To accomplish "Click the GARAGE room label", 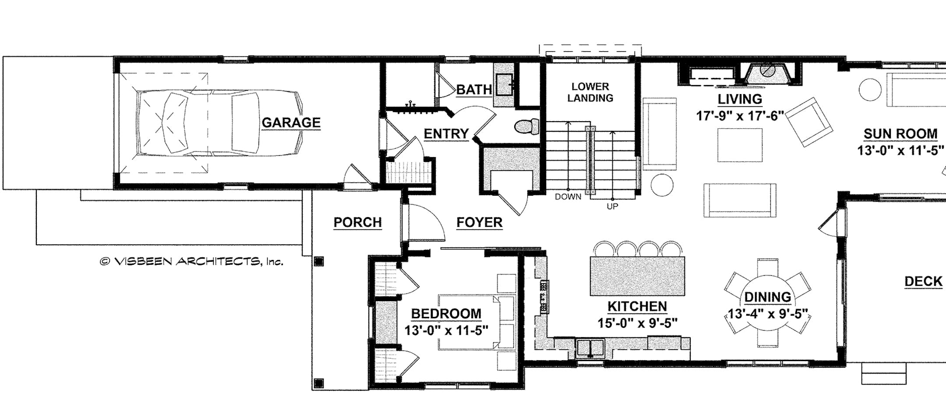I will click(x=291, y=123).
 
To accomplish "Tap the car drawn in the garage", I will click(x=219, y=123).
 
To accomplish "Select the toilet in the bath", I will click(x=527, y=126).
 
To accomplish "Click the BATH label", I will click(x=474, y=90).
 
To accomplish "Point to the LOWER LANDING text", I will click(x=590, y=92).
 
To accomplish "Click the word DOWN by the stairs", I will click(x=568, y=197).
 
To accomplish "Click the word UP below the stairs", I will click(x=612, y=206).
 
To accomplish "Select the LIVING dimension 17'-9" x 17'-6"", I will click(x=740, y=116).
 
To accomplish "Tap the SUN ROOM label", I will click(x=900, y=134).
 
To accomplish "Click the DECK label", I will click(x=923, y=281).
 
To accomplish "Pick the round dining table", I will click(x=767, y=302).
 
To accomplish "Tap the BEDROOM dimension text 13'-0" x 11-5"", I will click(x=446, y=330).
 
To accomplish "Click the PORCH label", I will click(x=357, y=222).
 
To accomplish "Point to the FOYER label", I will click(x=479, y=222).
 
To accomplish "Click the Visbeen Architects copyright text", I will click(x=191, y=262).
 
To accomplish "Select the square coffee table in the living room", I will click(x=740, y=145).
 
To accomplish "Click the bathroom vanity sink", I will click(x=505, y=84).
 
